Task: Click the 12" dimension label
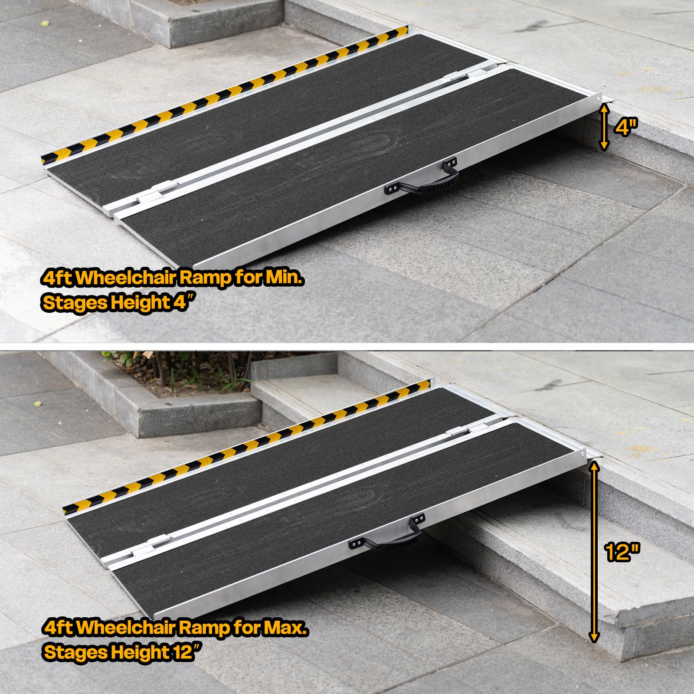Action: click(x=622, y=551)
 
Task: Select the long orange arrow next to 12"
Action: click(x=594, y=552)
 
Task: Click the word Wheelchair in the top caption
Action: click(x=126, y=278)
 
